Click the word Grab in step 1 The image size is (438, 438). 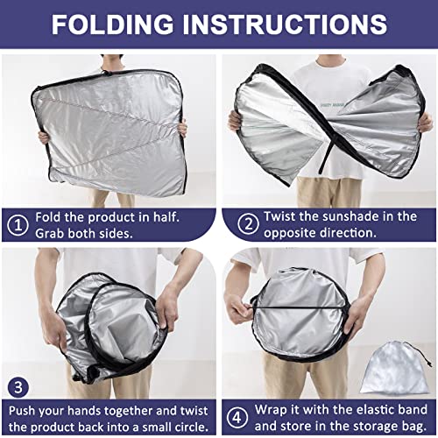(55, 234)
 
